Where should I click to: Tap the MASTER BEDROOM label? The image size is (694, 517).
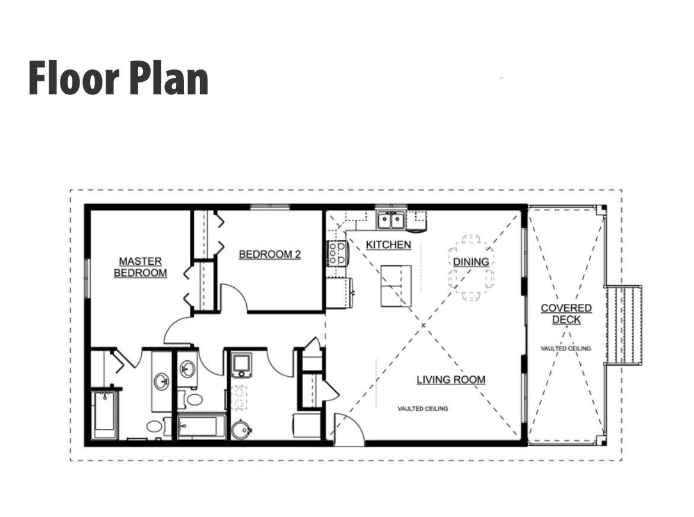[141, 267]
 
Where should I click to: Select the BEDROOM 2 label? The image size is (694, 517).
[270, 254]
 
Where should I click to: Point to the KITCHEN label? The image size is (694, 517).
[389, 245]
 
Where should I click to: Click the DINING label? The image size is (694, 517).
[471, 262]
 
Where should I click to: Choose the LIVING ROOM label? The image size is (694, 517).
[451, 380]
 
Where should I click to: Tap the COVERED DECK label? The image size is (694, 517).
[566, 313]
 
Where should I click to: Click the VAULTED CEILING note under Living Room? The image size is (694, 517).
[423, 408]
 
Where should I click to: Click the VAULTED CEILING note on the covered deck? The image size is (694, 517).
[566, 348]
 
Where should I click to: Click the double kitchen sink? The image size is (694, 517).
[391, 220]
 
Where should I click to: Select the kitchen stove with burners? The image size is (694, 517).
[336, 253]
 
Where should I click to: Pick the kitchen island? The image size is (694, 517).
[396, 286]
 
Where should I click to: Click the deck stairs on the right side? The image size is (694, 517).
[623, 325]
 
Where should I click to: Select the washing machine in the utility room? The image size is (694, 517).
[241, 365]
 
